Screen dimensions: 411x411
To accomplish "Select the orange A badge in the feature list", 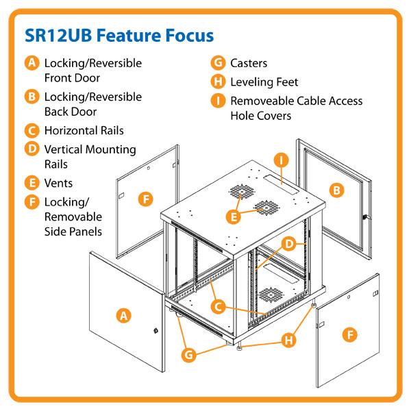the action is pyautogui.click(x=32, y=63).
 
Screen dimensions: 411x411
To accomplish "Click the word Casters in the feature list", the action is pyautogui.click(x=249, y=63).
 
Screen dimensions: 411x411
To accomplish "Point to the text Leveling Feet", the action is pyautogui.click(x=264, y=82).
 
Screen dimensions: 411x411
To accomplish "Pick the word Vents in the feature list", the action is pyautogui.click(x=58, y=183).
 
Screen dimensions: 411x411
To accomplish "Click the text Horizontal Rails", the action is pyautogui.click(x=84, y=130).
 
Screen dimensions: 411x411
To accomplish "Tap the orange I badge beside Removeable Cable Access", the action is pyautogui.click(x=219, y=101).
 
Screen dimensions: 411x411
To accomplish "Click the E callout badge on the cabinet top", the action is pyautogui.click(x=234, y=217).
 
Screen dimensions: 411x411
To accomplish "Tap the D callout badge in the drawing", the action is pyautogui.click(x=290, y=244).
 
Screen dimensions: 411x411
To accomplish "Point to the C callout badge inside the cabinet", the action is pyautogui.click(x=219, y=308).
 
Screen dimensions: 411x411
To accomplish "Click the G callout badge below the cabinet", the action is pyautogui.click(x=190, y=354).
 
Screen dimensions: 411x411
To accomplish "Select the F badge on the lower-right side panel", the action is pyautogui.click(x=350, y=335).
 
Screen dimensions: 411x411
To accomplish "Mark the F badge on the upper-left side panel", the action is pyautogui.click(x=145, y=199).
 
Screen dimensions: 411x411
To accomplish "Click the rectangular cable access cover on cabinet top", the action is pyautogui.click(x=284, y=182).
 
